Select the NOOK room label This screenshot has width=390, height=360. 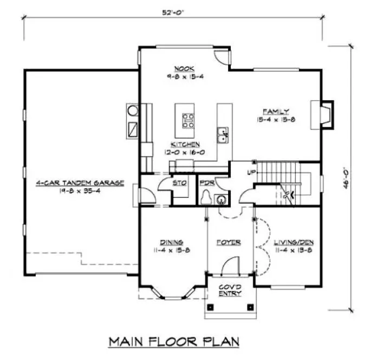pyautogui.click(x=180, y=68)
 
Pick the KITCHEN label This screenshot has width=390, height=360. pyautogui.click(x=185, y=144)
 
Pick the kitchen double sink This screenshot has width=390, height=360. pyautogui.click(x=223, y=133)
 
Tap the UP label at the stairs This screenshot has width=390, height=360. pyautogui.click(x=250, y=172)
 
